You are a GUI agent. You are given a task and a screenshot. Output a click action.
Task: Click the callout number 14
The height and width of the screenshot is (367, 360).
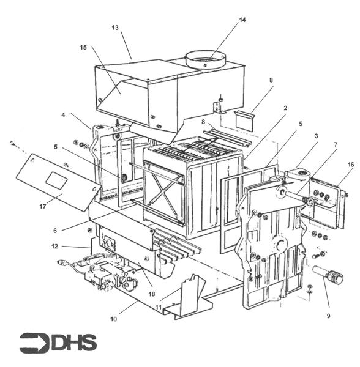[x=242, y=20]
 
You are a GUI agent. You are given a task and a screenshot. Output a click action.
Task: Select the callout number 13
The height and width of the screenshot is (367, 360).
[x=115, y=28]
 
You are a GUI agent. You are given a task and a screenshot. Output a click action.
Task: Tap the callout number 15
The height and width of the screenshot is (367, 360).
[x=83, y=48]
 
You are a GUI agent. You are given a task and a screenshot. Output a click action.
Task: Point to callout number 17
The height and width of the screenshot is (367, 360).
[x=42, y=207]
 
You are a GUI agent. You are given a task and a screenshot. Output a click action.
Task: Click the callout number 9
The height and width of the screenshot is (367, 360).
[x=328, y=316]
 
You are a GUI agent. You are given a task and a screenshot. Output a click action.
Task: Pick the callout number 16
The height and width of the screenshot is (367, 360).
[x=351, y=165]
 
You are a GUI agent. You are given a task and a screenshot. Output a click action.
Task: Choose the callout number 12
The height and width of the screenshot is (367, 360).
[x=54, y=247]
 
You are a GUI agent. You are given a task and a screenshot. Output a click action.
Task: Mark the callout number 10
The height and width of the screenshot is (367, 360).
[x=113, y=319]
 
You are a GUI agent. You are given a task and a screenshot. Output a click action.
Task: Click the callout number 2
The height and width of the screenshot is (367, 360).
[x=285, y=108]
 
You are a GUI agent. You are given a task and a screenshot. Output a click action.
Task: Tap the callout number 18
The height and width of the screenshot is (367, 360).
[x=152, y=294]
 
